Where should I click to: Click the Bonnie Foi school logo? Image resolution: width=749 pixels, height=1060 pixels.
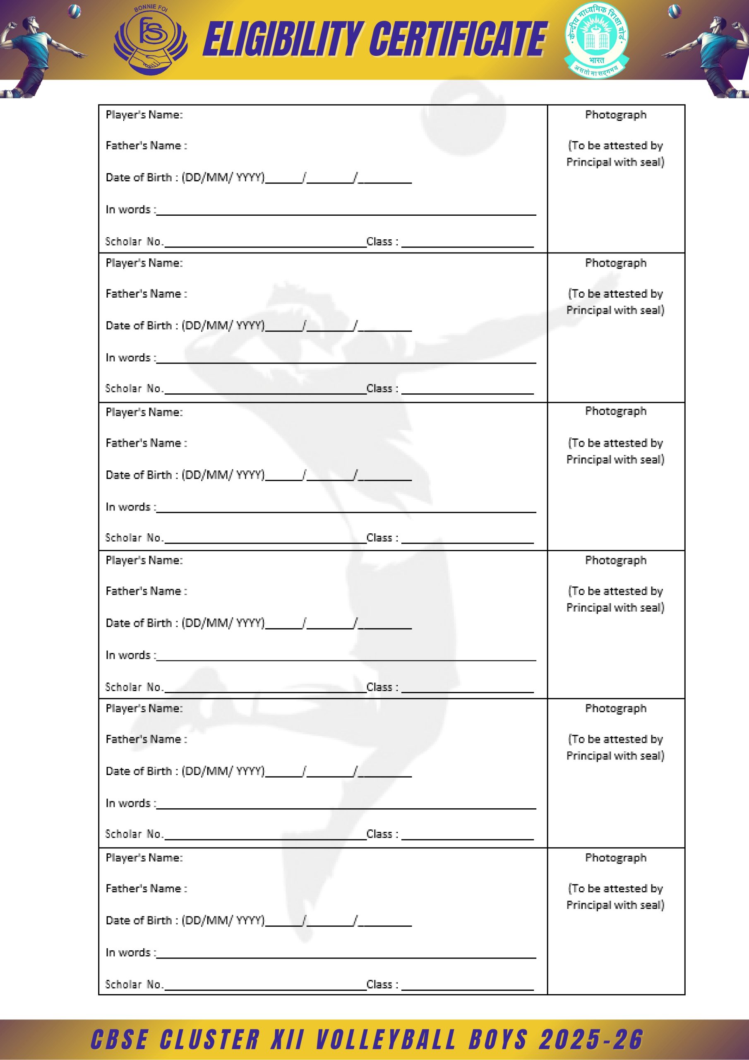click(x=151, y=41)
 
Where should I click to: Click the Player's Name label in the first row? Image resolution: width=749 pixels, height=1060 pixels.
click(x=144, y=115)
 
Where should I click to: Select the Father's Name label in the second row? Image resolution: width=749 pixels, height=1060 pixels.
click(x=146, y=294)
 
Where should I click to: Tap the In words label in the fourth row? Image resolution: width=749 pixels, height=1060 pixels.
click(x=130, y=655)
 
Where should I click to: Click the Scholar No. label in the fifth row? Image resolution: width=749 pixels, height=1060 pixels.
click(x=134, y=834)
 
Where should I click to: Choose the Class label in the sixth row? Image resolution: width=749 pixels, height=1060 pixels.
click(x=382, y=984)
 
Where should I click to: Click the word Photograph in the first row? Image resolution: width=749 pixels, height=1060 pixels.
click(x=616, y=115)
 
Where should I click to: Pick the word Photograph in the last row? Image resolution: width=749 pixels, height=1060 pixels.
click(x=616, y=858)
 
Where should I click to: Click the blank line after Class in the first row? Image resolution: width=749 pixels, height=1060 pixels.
click(x=467, y=245)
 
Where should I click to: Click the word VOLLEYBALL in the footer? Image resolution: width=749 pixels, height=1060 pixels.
click(x=385, y=1039)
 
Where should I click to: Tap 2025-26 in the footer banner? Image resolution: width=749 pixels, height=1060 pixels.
click(x=590, y=1039)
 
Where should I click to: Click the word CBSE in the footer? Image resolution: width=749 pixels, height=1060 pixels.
click(x=119, y=1039)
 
